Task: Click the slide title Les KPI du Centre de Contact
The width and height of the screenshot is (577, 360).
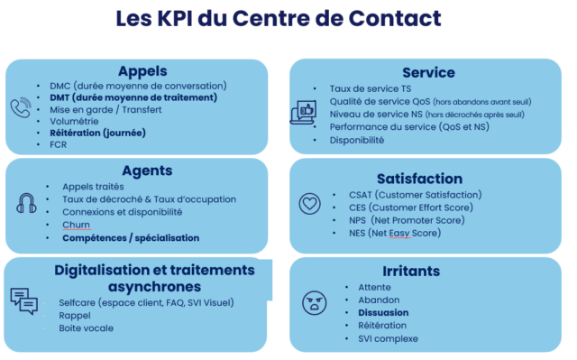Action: click(279, 18)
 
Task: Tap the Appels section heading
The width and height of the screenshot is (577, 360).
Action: click(142, 71)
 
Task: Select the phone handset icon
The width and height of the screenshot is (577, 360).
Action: click(21, 107)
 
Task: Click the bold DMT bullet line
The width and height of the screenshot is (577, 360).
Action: click(133, 97)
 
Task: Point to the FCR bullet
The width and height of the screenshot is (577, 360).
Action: click(58, 144)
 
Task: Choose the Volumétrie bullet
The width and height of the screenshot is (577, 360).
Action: click(74, 121)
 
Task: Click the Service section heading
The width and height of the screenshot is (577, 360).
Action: click(428, 72)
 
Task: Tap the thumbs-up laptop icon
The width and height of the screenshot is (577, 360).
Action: click(304, 112)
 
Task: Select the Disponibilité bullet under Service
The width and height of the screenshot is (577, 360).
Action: click(357, 140)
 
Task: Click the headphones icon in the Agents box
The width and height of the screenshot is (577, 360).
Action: click(26, 203)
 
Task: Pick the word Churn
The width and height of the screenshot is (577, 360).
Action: click(76, 225)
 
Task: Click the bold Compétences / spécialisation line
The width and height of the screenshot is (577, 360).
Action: click(131, 238)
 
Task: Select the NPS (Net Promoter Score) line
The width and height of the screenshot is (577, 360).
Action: click(407, 220)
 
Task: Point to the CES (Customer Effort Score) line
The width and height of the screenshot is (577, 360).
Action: click(411, 208)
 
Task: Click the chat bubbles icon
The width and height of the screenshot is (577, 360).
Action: click(24, 301)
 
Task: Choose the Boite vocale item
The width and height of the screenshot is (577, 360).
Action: click(87, 328)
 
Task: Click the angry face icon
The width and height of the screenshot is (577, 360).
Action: click(315, 303)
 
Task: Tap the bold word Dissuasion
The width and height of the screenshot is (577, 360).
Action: click(383, 312)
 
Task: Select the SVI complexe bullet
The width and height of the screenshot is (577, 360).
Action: click(388, 338)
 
